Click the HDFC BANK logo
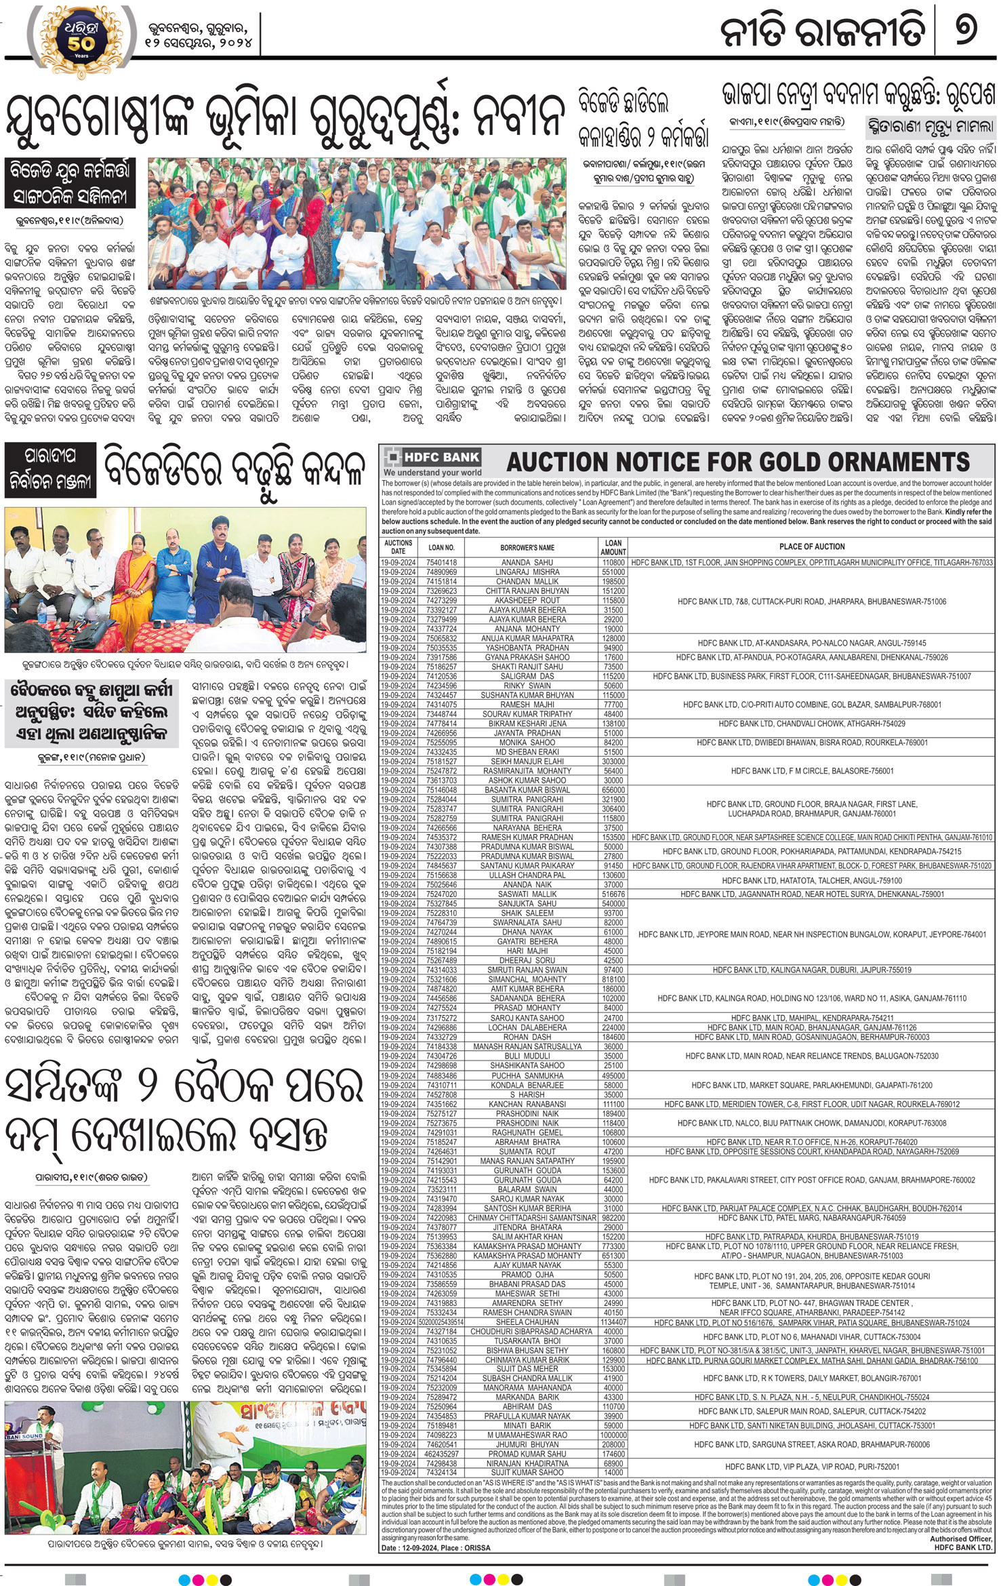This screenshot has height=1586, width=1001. [432, 456]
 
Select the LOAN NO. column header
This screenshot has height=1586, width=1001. [441, 547]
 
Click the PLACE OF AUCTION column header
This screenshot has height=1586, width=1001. [811, 547]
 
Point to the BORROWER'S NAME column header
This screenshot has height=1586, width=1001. [527, 547]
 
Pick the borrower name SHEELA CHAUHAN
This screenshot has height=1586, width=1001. [527, 1323]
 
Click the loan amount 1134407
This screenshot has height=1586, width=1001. [613, 1323]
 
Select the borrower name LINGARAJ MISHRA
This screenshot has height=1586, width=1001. [527, 572]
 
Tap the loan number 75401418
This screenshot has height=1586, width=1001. [441, 563]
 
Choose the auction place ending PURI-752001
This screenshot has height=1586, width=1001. [812, 1467]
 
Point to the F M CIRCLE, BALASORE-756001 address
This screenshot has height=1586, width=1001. [812, 771]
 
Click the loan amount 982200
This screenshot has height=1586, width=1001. [613, 1218]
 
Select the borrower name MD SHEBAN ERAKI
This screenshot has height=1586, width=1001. [527, 752]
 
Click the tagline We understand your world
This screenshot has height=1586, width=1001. [432, 473]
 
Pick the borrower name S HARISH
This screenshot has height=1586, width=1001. [527, 1094]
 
